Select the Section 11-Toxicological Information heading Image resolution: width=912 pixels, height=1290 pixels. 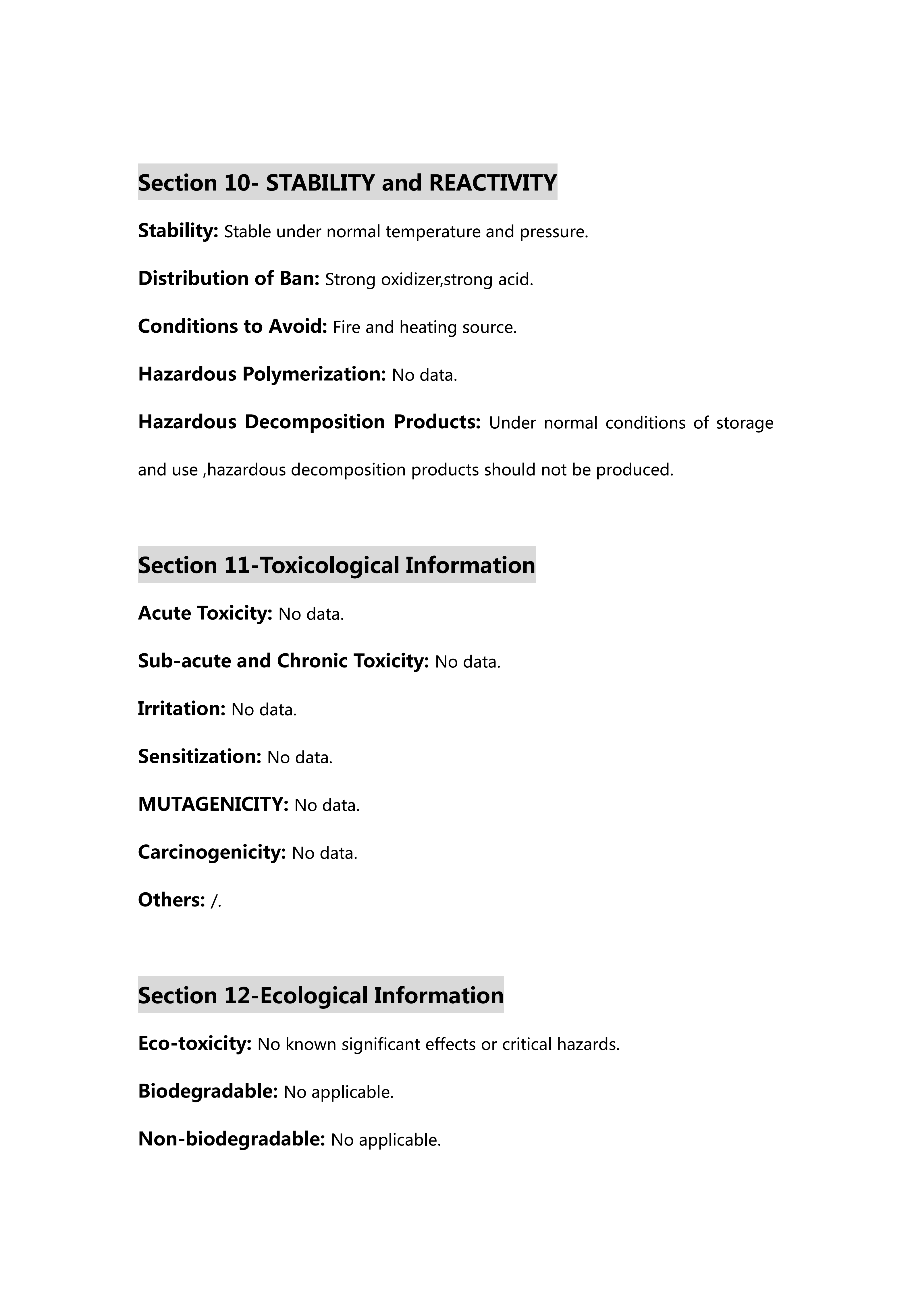tap(336, 565)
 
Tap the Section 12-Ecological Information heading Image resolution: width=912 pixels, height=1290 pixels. tap(321, 995)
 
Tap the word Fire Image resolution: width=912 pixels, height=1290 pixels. tap(346, 327)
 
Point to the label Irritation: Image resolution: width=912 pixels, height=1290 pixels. tap(181, 708)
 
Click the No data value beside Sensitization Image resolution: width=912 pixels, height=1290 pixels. tap(300, 757)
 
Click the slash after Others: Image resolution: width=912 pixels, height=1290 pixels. tap(214, 901)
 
